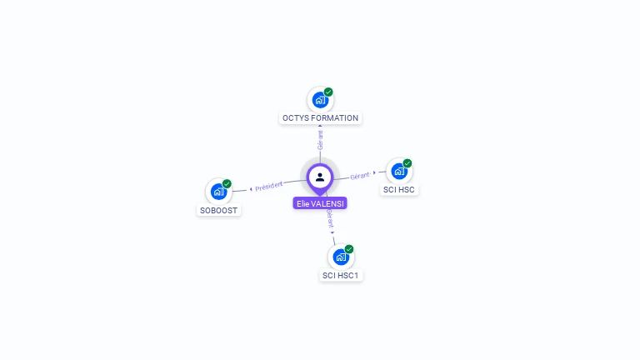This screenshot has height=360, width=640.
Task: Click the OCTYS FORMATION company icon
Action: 320,100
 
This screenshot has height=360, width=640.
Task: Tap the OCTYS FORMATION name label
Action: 320,118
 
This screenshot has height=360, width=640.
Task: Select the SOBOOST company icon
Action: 218,192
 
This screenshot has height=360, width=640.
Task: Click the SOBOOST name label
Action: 219,210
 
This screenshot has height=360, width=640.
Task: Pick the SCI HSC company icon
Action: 399,171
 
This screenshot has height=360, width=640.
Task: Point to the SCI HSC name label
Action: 399,190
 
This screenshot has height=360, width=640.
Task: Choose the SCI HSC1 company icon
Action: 341,257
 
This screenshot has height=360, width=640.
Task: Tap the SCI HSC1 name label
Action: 342,275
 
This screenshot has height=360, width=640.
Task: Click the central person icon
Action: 320,177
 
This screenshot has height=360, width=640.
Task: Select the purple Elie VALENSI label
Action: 321,203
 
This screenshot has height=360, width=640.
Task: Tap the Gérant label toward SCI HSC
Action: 360,176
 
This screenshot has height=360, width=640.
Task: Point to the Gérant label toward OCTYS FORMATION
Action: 320,139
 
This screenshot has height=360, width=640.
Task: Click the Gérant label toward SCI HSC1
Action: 330,219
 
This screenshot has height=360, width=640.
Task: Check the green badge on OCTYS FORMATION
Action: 328,92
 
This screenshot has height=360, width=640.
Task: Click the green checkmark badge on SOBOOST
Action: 227,183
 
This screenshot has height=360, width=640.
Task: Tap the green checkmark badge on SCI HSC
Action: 407,163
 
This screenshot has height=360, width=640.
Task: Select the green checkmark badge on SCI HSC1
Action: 349,249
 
